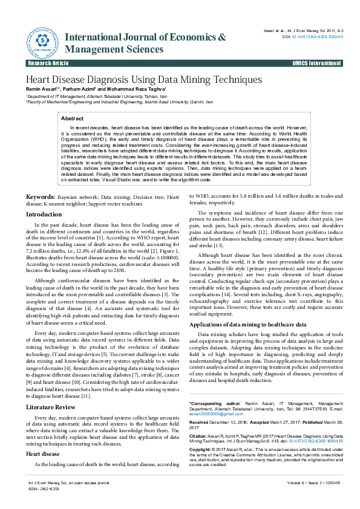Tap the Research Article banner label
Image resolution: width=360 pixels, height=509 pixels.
point(48,63)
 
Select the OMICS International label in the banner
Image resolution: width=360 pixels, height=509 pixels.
point(318,63)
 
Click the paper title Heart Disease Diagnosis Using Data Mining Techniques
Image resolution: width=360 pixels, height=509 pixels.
point(143,80)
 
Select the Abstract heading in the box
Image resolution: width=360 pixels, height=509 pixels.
point(73,118)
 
